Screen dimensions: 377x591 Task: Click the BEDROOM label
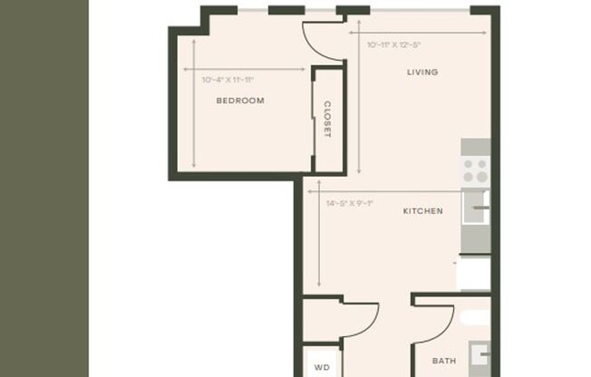[x=239, y=101]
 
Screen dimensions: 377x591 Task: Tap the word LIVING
[x=422, y=72]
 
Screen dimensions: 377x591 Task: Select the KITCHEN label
[x=422, y=211]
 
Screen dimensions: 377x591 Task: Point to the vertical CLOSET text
[x=327, y=119]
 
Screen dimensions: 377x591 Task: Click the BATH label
[x=444, y=361]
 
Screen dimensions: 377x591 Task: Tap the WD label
[x=320, y=368]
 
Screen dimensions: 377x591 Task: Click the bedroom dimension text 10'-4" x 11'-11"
[x=228, y=80]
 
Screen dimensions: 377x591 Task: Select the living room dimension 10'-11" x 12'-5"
[x=394, y=43]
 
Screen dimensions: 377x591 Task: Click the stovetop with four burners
[x=476, y=169]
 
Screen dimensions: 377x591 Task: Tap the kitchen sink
[x=478, y=208]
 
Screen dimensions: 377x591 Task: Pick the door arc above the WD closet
[x=360, y=320]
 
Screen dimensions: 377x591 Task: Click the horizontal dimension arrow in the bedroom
[x=245, y=68]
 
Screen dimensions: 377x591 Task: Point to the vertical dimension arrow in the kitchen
[x=319, y=240]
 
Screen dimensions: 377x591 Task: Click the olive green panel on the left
[x=44, y=188]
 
